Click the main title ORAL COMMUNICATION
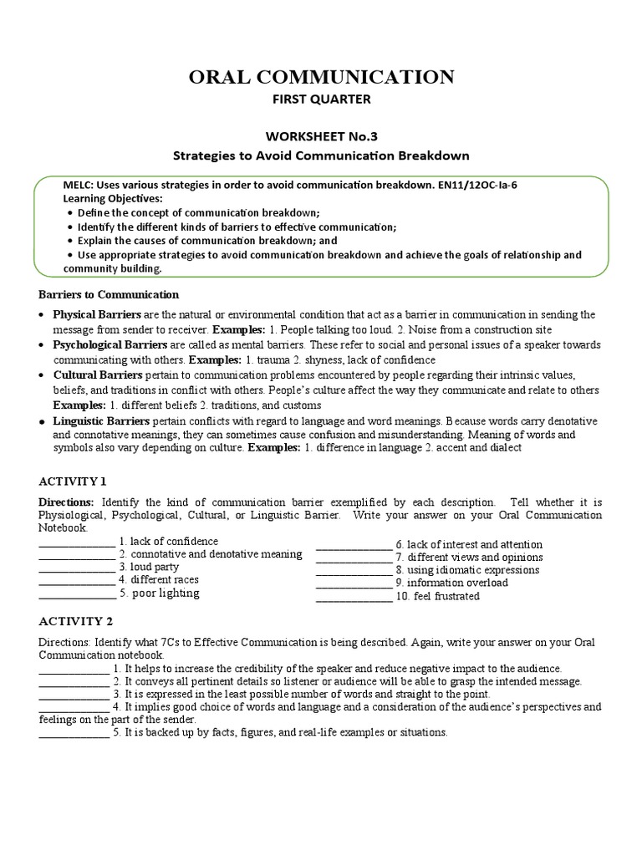point(321,78)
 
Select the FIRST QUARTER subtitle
point(321,99)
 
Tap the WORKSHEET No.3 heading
point(321,135)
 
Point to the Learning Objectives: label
point(114,198)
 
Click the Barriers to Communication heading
point(110,294)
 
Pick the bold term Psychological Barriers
point(111,344)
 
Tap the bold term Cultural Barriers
point(98,374)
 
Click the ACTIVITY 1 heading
point(74,481)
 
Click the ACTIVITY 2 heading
point(74,621)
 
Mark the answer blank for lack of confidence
point(77,543)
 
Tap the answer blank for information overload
point(353,583)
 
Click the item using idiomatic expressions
point(467,570)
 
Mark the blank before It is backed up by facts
point(74,733)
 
